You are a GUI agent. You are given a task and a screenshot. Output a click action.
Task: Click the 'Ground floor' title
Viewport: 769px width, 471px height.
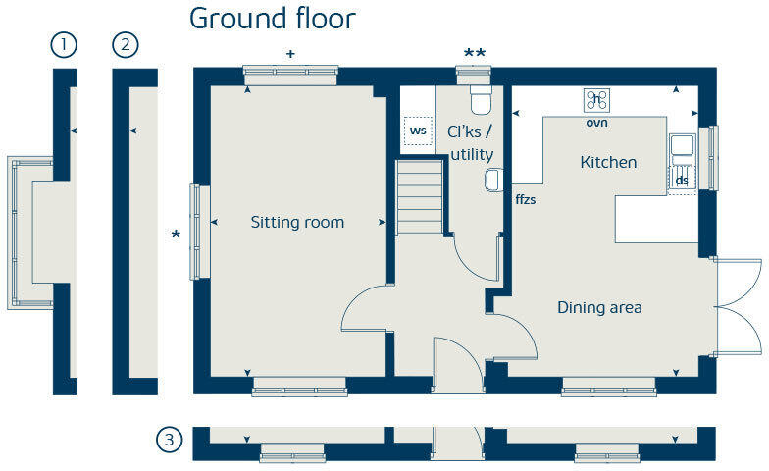(272, 18)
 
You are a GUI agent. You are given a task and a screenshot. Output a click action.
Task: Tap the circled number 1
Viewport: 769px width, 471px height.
(65, 44)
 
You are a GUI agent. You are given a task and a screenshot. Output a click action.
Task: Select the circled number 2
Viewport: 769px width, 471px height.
(127, 44)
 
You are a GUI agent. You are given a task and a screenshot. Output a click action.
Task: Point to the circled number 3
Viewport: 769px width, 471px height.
(169, 441)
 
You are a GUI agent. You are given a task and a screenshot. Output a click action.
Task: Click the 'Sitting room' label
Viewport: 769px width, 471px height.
(297, 222)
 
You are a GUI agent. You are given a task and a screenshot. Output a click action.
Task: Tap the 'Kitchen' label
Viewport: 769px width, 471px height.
(608, 162)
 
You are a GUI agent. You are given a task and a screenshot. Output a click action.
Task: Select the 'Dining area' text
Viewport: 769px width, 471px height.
(599, 307)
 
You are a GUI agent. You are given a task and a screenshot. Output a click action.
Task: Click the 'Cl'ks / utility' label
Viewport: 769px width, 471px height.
(471, 143)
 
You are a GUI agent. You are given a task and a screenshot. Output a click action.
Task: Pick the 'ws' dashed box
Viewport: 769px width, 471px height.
(419, 131)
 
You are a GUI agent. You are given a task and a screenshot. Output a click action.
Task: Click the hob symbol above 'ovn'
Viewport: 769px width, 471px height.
(597, 100)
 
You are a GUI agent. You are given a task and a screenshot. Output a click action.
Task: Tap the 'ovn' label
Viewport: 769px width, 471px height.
(597, 123)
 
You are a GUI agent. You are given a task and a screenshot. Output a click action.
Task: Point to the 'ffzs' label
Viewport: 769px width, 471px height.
(526, 199)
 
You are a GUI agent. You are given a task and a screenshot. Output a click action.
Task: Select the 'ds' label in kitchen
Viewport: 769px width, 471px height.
(682, 180)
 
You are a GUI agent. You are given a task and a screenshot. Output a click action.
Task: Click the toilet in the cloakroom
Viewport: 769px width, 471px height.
(480, 101)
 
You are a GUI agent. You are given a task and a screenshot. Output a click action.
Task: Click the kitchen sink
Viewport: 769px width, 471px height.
(683, 148)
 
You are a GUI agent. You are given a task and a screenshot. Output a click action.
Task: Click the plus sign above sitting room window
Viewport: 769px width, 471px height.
(290, 54)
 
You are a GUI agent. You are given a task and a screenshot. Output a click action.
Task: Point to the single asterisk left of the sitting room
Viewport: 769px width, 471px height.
(177, 235)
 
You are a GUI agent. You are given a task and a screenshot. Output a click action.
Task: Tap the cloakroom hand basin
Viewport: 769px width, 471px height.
(493, 180)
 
